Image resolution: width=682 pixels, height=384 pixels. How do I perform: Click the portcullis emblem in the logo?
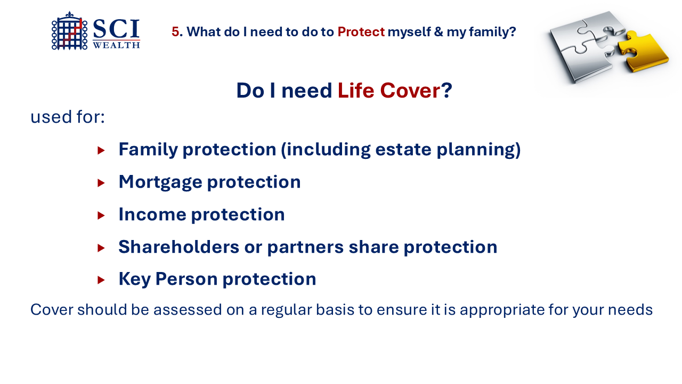point(69,31)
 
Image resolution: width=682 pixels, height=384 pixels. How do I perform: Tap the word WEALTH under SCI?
point(116,45)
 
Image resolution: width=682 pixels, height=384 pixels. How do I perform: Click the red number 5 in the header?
point(175,31)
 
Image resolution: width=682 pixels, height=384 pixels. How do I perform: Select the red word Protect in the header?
point(361,31)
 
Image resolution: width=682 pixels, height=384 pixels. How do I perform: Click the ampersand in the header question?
point(439,31)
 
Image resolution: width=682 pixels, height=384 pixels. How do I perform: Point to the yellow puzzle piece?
point(643,51)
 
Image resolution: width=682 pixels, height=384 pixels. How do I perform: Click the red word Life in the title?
point(355,91)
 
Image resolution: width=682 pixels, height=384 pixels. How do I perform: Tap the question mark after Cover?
point(446,91)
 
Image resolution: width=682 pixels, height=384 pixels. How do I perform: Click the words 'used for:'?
point(68,117)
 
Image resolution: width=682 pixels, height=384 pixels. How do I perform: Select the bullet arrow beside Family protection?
point(101,150)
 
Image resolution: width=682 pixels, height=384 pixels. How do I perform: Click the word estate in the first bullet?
point(403,149)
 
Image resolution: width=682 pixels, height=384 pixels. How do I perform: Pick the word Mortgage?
point(160,183)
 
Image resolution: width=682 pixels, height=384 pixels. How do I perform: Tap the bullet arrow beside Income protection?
point(101,215)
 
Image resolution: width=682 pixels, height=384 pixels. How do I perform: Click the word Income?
point(152,214)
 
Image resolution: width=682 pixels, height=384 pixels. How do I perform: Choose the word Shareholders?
point(178,247)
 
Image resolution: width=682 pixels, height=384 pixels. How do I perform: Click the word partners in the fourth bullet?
point(305,247)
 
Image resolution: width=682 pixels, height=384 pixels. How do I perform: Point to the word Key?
point(135,279)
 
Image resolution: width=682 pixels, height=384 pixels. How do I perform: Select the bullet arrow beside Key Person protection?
point(101,280)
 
